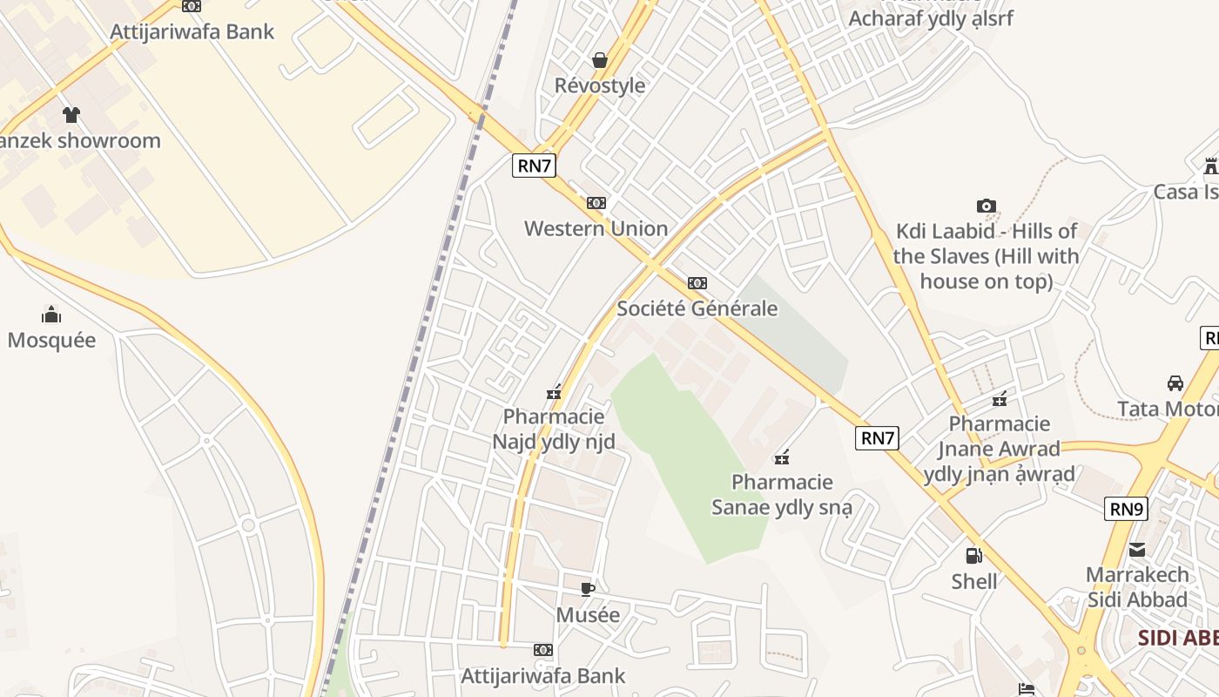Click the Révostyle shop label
tap(600, 85)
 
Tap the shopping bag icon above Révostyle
tap(600, 60)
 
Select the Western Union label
tap(596, 228)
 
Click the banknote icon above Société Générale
tap(697, 283)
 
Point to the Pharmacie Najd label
tap(554, 429)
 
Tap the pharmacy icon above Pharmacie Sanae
tap(782, 457)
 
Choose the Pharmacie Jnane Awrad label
tap(999, 449)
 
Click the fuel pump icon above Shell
tap(973, 555)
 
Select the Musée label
tap(588, 615)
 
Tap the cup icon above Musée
tap(588, 589)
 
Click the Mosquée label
tap(51, 340)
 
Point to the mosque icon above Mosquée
tap(51, 315)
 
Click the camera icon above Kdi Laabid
tap(986, 206)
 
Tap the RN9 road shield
tap(1126, 509)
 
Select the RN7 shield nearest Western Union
tap(534, 165)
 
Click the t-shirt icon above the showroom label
tap(71, 114)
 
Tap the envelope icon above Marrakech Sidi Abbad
tap(1137, 549)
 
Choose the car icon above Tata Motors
tap(1175, 383)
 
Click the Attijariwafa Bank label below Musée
tap(542, 675)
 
